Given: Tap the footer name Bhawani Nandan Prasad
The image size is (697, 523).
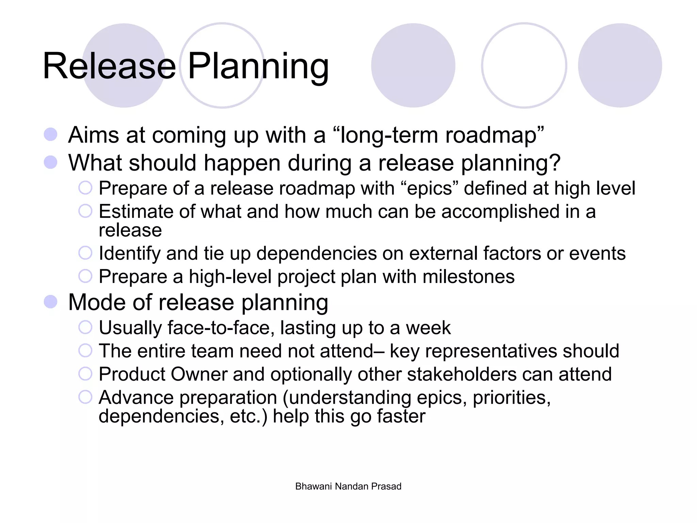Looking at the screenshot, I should point(348,486).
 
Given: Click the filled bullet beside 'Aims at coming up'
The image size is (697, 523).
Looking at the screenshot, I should point(51,134).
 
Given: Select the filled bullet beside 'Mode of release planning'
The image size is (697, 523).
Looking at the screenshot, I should point(51,302).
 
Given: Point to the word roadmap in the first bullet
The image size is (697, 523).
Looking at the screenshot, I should point(490,136).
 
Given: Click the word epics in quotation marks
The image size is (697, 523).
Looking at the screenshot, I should point(430,188).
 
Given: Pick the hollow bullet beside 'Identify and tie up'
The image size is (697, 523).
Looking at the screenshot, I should point(85,253).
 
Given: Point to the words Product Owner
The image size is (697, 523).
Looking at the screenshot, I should point(163,374).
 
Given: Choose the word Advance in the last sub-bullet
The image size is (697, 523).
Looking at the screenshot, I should point(136,397).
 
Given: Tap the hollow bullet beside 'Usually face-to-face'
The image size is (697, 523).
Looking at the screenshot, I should point(85,327).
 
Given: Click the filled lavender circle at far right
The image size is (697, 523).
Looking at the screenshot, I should point(620,65).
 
